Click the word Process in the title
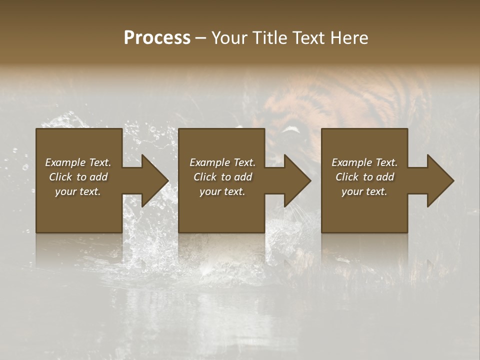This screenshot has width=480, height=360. [157, 38]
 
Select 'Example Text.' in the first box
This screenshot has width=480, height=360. [78, 162]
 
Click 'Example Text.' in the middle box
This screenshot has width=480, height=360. [222, 162]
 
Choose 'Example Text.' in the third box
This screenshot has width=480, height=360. [364, 162]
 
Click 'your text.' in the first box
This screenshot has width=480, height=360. [78, 191]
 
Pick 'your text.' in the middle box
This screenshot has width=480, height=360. [222, 191]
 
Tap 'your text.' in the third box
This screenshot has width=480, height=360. [364, 191]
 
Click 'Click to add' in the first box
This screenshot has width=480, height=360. [78, 177]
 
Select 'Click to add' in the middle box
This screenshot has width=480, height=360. [222, 177]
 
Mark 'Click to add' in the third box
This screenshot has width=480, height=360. [364, 177]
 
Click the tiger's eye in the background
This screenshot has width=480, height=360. [291, 131]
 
